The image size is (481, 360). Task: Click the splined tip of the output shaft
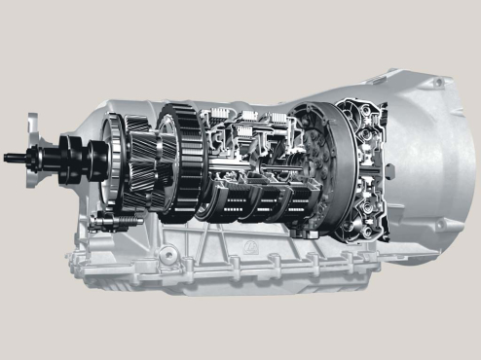[x=12, y=153]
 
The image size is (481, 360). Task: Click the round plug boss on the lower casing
[x=166, y=256]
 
